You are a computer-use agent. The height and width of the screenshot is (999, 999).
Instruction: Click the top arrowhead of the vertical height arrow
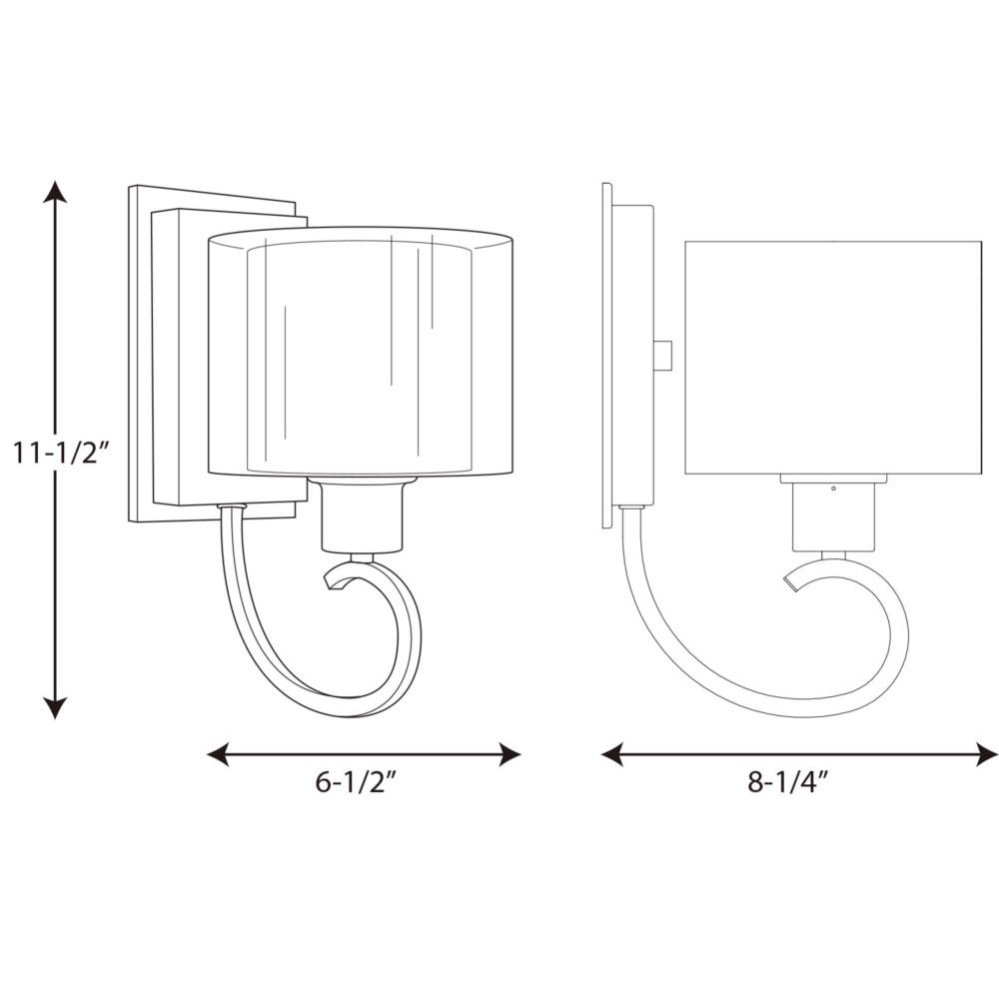pos(55,192)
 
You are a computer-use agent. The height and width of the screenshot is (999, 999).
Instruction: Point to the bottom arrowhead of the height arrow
pos(55,707)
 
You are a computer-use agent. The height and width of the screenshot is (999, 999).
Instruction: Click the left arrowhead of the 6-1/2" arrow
pos(218,754)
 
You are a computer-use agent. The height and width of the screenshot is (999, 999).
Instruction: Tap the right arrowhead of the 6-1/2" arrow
pos(510,754)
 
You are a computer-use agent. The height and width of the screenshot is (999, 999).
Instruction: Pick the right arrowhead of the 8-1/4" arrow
pos(987,754)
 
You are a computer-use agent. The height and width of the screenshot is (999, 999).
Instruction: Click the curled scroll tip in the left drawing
pos(333,581)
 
